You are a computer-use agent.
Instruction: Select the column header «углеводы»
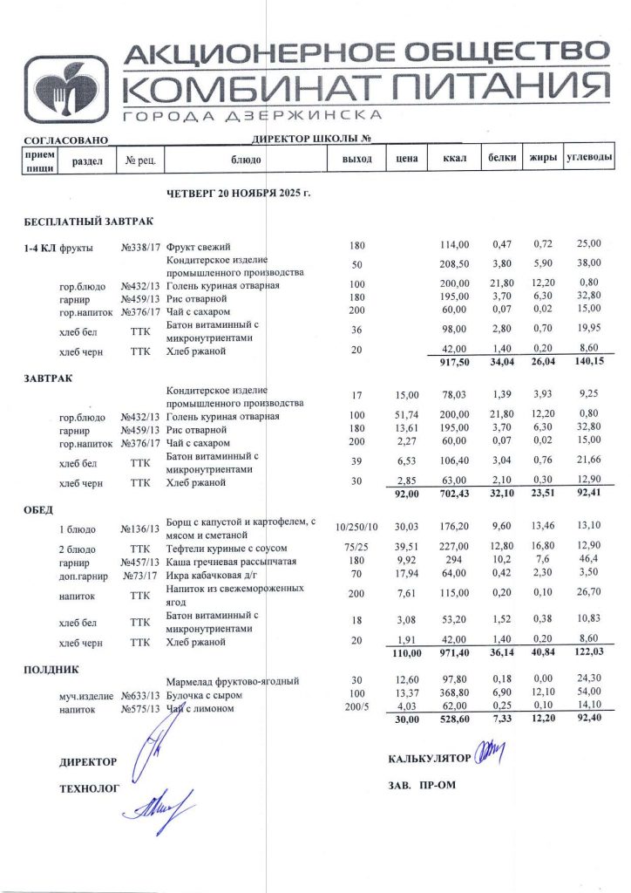point(588,158)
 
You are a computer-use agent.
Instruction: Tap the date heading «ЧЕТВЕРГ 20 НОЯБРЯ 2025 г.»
point(238,192)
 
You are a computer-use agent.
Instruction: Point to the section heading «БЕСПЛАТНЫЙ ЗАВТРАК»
point(88,223)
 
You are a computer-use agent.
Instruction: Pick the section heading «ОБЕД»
point(38,509)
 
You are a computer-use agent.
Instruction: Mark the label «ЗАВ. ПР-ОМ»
point(422,785)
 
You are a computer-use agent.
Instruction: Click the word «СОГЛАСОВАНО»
point(65,140)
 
